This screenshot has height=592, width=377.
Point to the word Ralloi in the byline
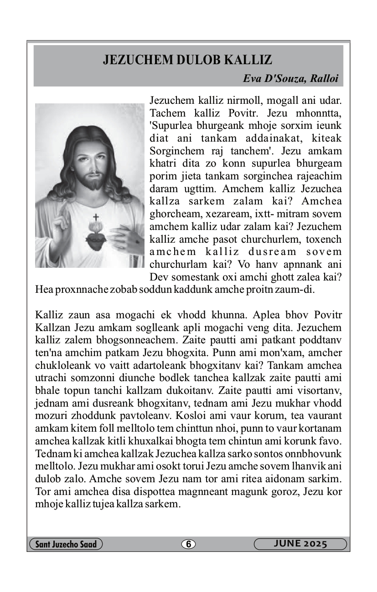point(324,78)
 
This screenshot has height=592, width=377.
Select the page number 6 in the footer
point(188,544)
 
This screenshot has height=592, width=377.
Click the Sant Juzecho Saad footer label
point(65,544)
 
